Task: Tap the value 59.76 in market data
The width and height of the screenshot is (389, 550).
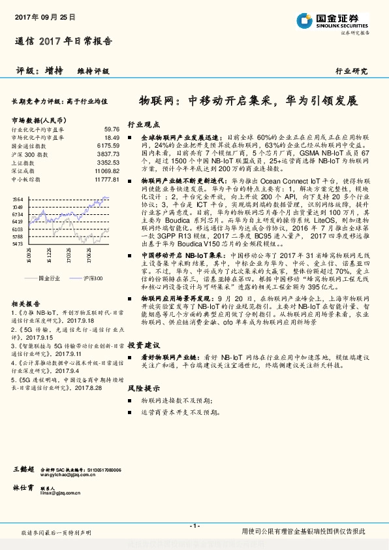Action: [x=112, y=129]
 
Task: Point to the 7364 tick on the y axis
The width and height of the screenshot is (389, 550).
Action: [x=17, y=198]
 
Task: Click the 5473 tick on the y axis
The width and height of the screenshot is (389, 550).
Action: [x=17, y=242]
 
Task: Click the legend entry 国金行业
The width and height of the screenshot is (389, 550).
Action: [x=50, y=278]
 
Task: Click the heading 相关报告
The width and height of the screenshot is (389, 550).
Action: [x=25, y=304]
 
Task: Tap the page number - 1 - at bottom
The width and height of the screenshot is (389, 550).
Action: [x=194, y=525]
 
